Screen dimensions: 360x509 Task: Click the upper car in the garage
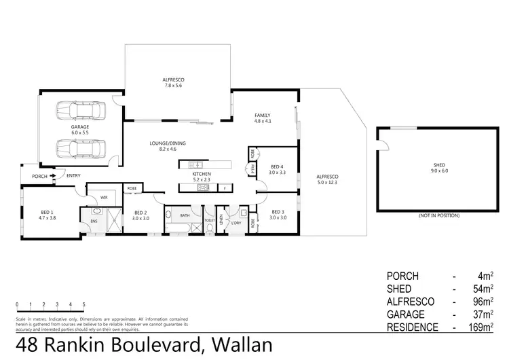tap(81, 110)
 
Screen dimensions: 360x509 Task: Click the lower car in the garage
tap(81, 147)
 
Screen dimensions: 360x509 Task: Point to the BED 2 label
tap(140, 215)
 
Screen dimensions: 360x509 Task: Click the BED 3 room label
tap(278, 215)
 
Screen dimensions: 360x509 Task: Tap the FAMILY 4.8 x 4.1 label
tap(263, 118)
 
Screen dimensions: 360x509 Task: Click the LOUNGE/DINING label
tap(168, 146)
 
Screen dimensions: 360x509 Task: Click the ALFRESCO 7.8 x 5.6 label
tap(174, 83)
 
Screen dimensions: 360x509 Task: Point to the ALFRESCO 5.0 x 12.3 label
tap(326, 180)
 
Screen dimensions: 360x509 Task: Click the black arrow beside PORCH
tap(52, 176)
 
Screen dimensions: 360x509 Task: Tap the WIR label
tap(104, 198)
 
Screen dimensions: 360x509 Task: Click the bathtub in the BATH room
tap(183, 216)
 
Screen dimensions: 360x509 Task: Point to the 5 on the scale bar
tap(83, 304)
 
